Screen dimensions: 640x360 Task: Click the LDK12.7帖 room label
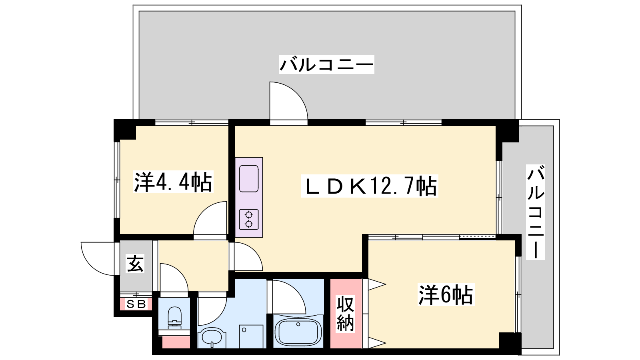370,186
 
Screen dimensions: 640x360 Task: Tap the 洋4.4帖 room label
173,182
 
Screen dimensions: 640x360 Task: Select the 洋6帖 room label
446,294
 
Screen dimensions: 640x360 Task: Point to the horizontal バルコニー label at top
326,64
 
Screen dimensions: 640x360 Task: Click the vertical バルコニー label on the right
536,212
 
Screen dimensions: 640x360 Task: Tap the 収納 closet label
345,314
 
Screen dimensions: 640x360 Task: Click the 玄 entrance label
135,263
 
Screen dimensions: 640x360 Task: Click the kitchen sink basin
248,178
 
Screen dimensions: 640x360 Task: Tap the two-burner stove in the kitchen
248,220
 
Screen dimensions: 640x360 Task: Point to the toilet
174,318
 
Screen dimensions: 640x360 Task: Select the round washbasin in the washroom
212,338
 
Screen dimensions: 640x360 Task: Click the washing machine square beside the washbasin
251,336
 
